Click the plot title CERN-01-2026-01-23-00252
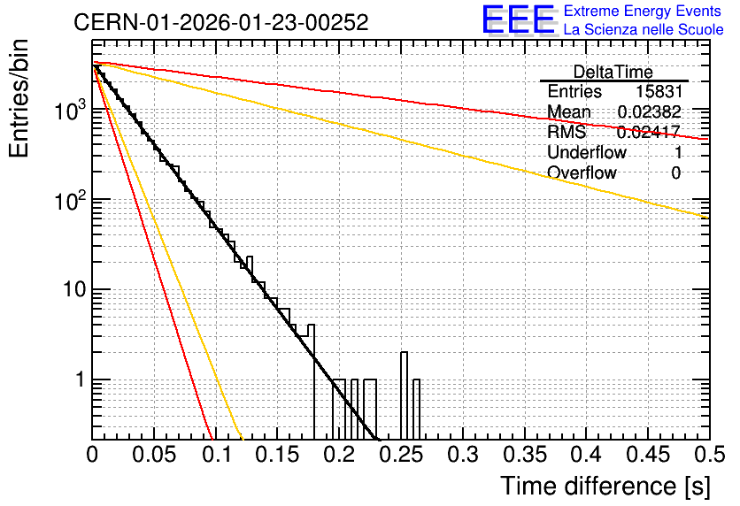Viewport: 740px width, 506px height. (221, 22)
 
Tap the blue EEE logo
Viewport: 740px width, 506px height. (519, 19)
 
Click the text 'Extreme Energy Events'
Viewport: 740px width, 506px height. (643, 11)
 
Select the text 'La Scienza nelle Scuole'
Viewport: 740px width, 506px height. (644, 29)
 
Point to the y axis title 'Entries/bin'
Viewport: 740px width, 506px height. (19, 98)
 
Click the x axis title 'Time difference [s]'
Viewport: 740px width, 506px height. (605, 486)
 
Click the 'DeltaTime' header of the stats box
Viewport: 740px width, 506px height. (613, 72)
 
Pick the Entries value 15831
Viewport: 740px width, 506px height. (659, 91)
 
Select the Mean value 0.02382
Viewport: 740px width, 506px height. (650, 111)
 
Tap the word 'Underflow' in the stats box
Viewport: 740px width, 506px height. (587, 152)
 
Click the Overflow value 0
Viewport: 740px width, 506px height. (675, 172)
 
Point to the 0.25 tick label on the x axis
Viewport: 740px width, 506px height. (402, 455)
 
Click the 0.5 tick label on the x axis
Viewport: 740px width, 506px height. (709, 455)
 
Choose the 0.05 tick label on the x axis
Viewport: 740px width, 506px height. (154, 455)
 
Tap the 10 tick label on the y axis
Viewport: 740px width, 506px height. (75, 289)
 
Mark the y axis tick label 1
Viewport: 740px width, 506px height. (80, 379)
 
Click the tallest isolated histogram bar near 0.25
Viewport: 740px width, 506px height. (404, 395)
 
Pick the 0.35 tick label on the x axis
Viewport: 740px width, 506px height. (525, 455)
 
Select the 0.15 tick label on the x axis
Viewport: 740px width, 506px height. (278, 455)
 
